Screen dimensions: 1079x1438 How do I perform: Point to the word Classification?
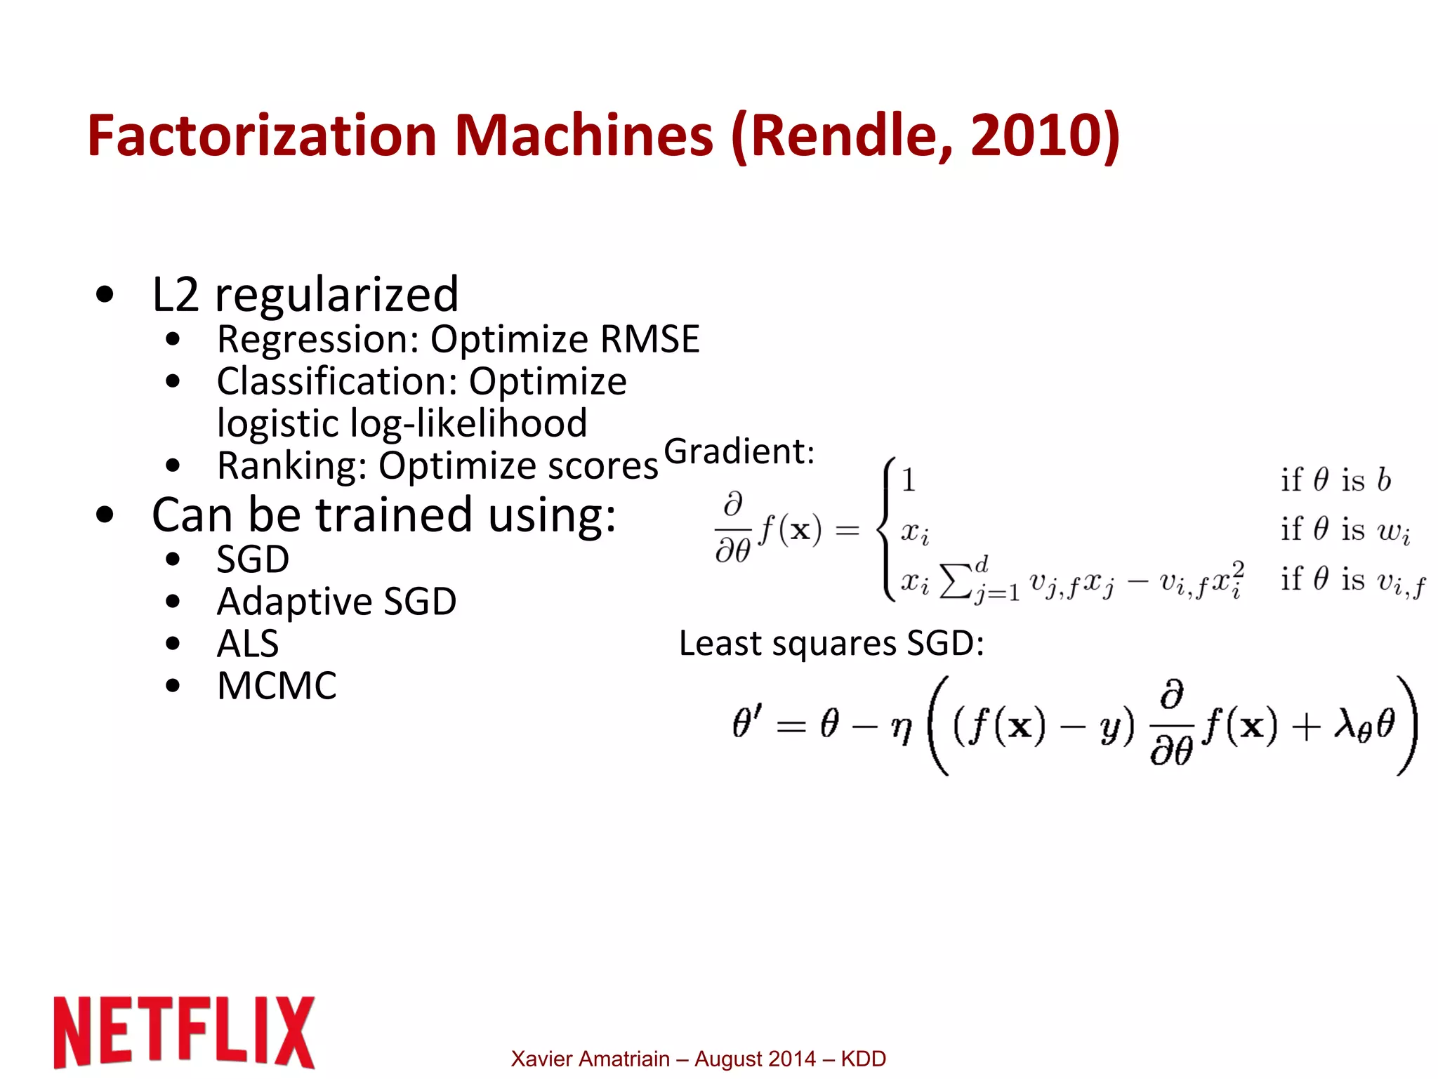(x=337, y=382)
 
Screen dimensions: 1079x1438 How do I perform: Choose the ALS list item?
(x=248, y=644)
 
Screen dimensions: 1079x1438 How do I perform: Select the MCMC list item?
(x=277, y=686)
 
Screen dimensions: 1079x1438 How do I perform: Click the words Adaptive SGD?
(x=336, y=602)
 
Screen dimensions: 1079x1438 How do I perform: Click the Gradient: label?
(x=739, y=451)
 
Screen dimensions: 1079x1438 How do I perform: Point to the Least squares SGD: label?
(x=831, y=643)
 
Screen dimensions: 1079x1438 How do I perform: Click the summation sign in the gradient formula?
(x=956, y=581)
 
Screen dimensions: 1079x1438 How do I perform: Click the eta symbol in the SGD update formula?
(x=901, y=729)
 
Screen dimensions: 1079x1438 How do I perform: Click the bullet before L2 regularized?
(x=105, y=295)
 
